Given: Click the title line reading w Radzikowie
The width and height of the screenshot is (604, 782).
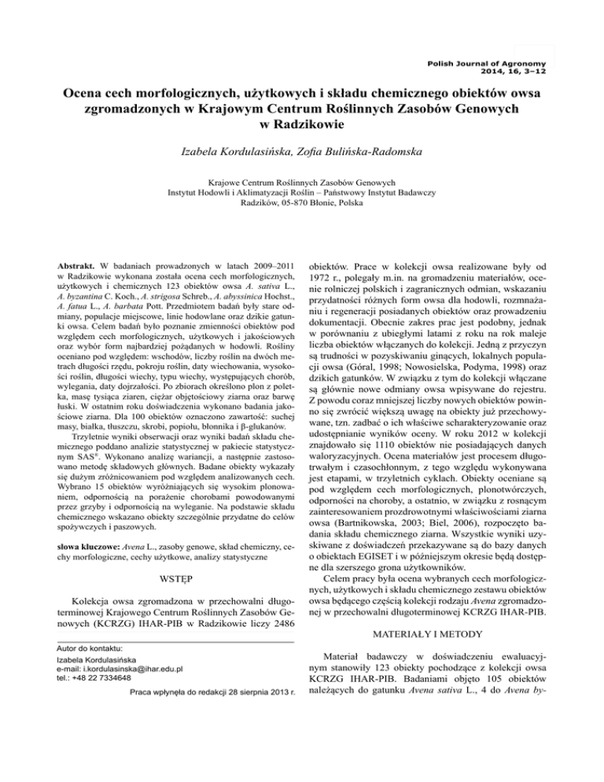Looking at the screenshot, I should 302,124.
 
